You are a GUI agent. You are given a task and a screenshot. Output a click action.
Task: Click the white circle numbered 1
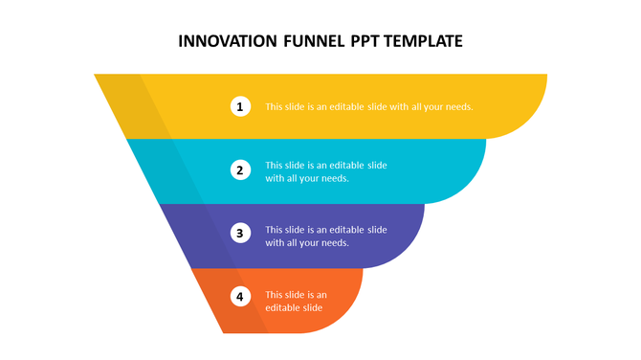[x=241, y=106]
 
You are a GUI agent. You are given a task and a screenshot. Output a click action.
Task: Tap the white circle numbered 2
[x=241, y=170]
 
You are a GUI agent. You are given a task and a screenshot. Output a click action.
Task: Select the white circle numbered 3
[x=241, y=233]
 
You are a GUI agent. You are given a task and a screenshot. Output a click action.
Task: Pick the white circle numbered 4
[x=241, y=296]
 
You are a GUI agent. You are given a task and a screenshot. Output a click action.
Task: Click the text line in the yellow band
[x=368, y=106]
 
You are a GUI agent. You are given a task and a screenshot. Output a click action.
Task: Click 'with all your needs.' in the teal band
[x=307, y=178]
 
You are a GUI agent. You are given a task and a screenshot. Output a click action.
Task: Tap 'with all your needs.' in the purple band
[x=307, y=243]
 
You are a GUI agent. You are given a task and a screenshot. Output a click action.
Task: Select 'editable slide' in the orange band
[x=294, y=308]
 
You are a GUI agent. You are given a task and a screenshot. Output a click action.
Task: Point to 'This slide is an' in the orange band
[x=297, y=295]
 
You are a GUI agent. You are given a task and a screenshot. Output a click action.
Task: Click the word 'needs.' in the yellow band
[x=457, y=106]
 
